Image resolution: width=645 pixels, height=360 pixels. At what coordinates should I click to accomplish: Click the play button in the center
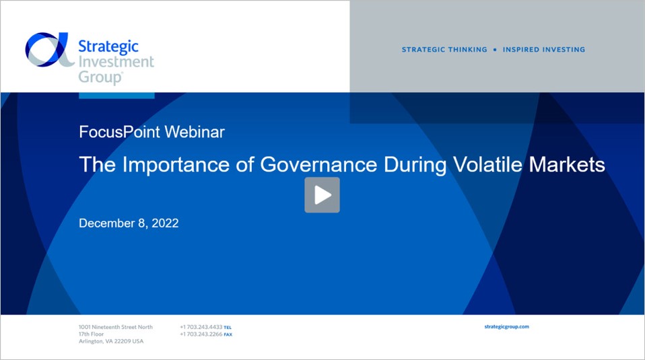tap(322, 194)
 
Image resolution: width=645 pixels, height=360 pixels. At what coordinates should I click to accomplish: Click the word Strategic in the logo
tap(108, 46)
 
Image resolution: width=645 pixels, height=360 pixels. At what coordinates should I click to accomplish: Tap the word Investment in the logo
tap(116, 62)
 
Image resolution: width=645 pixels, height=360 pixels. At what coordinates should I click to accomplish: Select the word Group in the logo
tap(100, 77)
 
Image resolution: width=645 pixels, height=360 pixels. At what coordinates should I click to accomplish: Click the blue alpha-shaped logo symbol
tap(49, 49)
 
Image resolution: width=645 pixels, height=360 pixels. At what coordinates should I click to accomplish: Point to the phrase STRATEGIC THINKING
tap(444, 50)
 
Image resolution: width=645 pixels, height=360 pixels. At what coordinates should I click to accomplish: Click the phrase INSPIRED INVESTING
tap(544, 50)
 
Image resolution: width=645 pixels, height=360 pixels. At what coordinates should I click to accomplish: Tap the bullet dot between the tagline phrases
tap(495, 50)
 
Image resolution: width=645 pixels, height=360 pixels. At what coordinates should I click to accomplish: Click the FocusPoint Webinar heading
tap(151, 132)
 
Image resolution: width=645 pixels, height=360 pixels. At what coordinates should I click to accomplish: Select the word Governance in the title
tap(318, 164)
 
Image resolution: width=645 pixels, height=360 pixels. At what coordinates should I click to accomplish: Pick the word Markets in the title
tap(567, 164)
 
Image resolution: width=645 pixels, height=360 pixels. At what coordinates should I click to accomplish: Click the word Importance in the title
tap(176, 165)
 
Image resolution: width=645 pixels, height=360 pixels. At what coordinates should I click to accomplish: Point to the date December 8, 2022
tap(129, 223)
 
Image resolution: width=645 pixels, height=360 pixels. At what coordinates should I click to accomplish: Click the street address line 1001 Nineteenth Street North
tap(116, 327)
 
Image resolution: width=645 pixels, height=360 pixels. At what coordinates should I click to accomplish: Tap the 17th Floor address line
tap(92, 334)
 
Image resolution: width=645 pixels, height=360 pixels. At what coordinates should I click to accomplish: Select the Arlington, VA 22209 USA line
tap(111, 341)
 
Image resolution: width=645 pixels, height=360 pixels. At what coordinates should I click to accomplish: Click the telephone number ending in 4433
tap(201, 327)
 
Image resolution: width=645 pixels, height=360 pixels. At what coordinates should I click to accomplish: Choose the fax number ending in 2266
tap(201, 334)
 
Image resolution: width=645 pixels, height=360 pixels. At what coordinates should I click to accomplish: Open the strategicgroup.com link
tap(507, 327)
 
